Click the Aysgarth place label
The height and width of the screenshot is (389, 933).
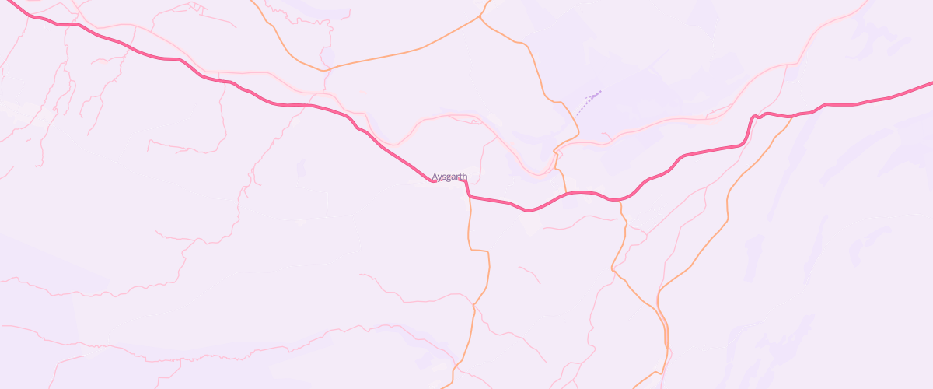click(x=449, y=177)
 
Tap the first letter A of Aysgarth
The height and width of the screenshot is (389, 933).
click(x=435, y=177)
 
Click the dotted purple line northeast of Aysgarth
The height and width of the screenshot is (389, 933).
click(x=588, y=102)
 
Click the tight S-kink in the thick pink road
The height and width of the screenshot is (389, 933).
click(x=753, y=118)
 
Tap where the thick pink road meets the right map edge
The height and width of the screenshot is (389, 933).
click(x=931, y=82)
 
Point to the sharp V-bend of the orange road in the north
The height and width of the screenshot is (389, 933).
click(x=325, y=69)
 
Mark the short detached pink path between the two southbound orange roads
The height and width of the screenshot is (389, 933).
click(x=529, y=274)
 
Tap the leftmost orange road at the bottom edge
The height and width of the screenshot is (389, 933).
click(x=443, y=386)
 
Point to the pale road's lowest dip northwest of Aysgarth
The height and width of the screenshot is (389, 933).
click(x=395, y=144)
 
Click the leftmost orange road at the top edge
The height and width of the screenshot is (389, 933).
click(x=257, y=2)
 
